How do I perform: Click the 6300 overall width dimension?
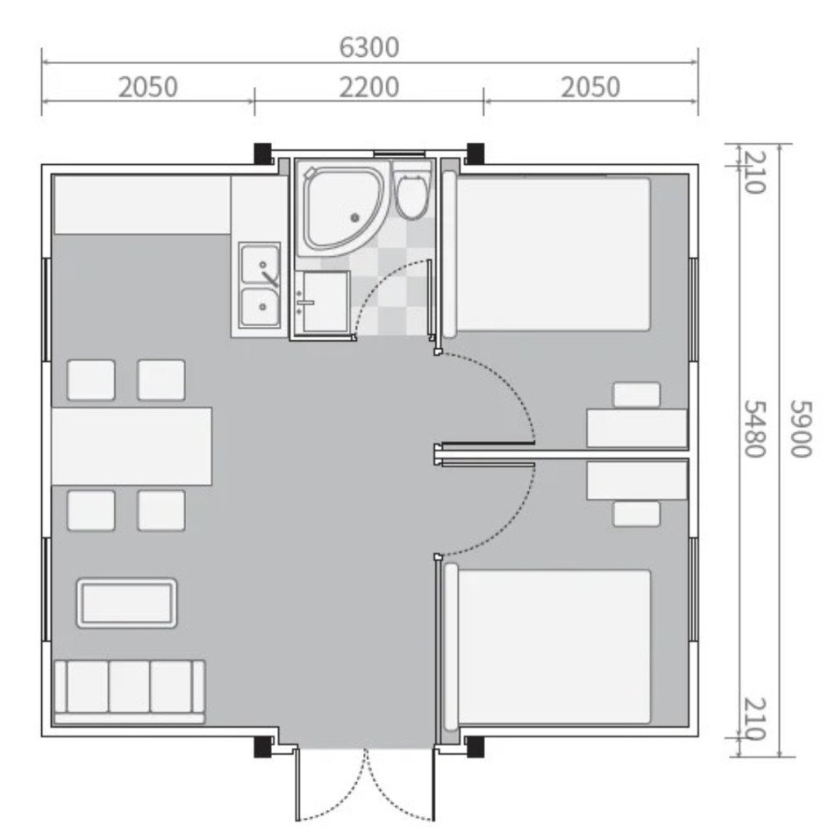pyautogui.click(x=369, y=47)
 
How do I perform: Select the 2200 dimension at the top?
pyautogui.click(x=369, y=87)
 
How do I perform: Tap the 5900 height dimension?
pyautogui.click(x=802, y=429)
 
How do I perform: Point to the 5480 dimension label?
pyautogui.click(x=755, y=429)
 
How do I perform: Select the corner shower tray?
pyautogui.click(x=343, y=210)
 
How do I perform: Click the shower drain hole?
pyautogui.click(x=354, y=217)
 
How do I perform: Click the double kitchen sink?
pyautogui.click(x=261, y=285)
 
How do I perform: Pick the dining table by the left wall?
pyautogui.click(x=132, y=446)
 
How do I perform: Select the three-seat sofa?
pyautogui.click(x=130, y=693)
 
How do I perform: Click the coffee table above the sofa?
pyautogui.click(x=127, y=603)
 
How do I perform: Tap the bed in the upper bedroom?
pyautogui.click(x=547, y=254)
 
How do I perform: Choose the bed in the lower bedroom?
pyautogui.click(x=547, y=647)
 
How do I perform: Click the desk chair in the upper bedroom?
pyautogui.click(x=637, y=395)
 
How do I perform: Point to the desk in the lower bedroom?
pyautogui.click(x=637, y=480)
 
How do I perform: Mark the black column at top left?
pyautogui.click(x=262, y=153)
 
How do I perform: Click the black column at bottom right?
pyautogui.click(x=475, y=747)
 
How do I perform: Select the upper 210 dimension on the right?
pyautogui.click(x=755, y=173)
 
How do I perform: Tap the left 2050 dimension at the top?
pyautogui.click(x=147, y=87)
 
